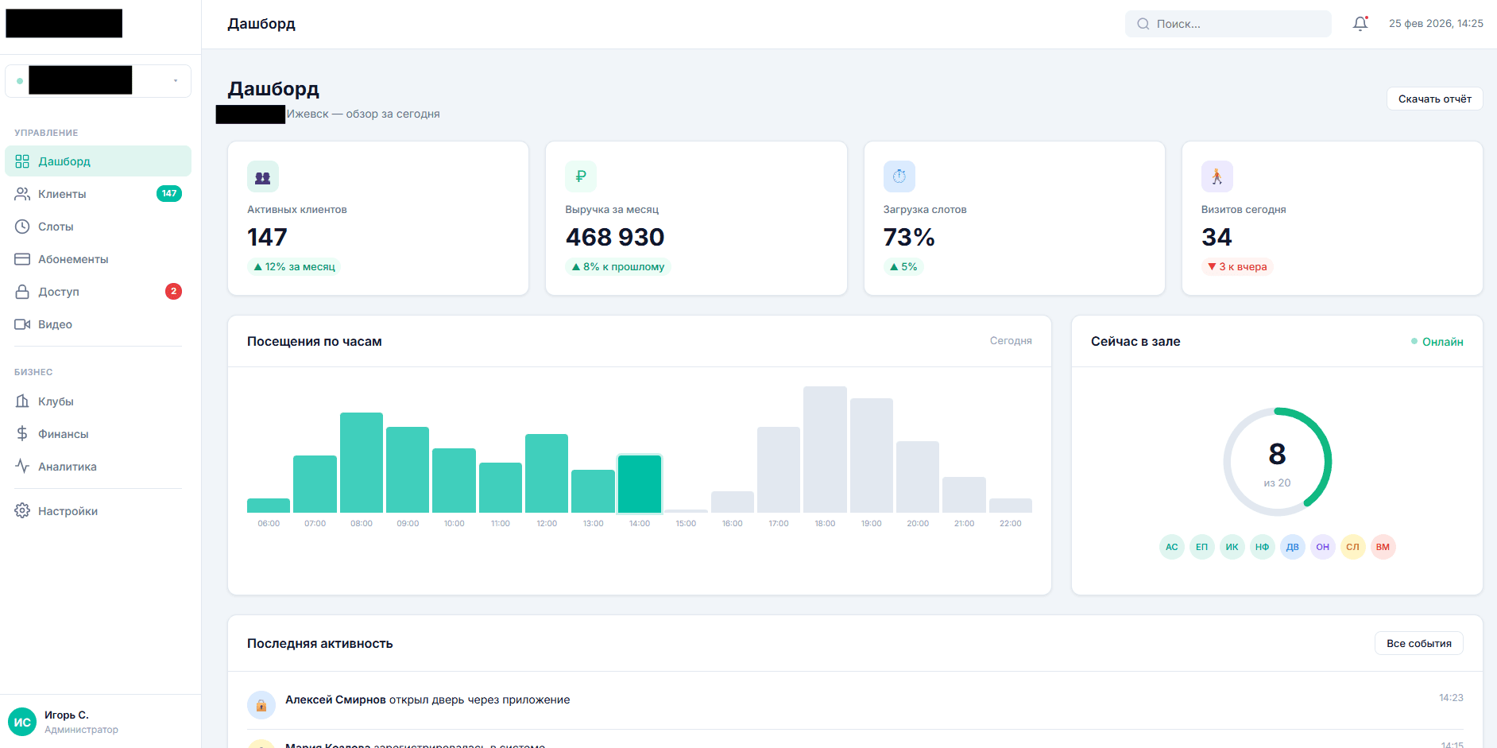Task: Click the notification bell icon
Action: (1360, 24)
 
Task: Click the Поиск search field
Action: (1228, 24)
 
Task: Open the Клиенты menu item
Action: (62, 194)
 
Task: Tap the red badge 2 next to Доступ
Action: (173, 292)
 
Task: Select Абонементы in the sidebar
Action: (73, 259)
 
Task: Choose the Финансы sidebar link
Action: (63, 434)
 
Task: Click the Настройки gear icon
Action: (22, 511)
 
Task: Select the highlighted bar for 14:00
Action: (640, 484)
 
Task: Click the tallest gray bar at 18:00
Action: (825, 449)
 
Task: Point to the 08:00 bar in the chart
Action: (362, 463)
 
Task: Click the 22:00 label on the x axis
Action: (1010, 524)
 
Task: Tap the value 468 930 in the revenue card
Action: (615, 237)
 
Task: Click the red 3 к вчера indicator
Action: (1237, 267)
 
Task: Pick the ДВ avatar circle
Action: (1292, 547)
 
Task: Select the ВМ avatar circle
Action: (1383, 547)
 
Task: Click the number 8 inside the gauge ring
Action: (1277, 454)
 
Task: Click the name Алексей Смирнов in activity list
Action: (335, 700)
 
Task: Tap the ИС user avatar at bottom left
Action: (22, 722)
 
